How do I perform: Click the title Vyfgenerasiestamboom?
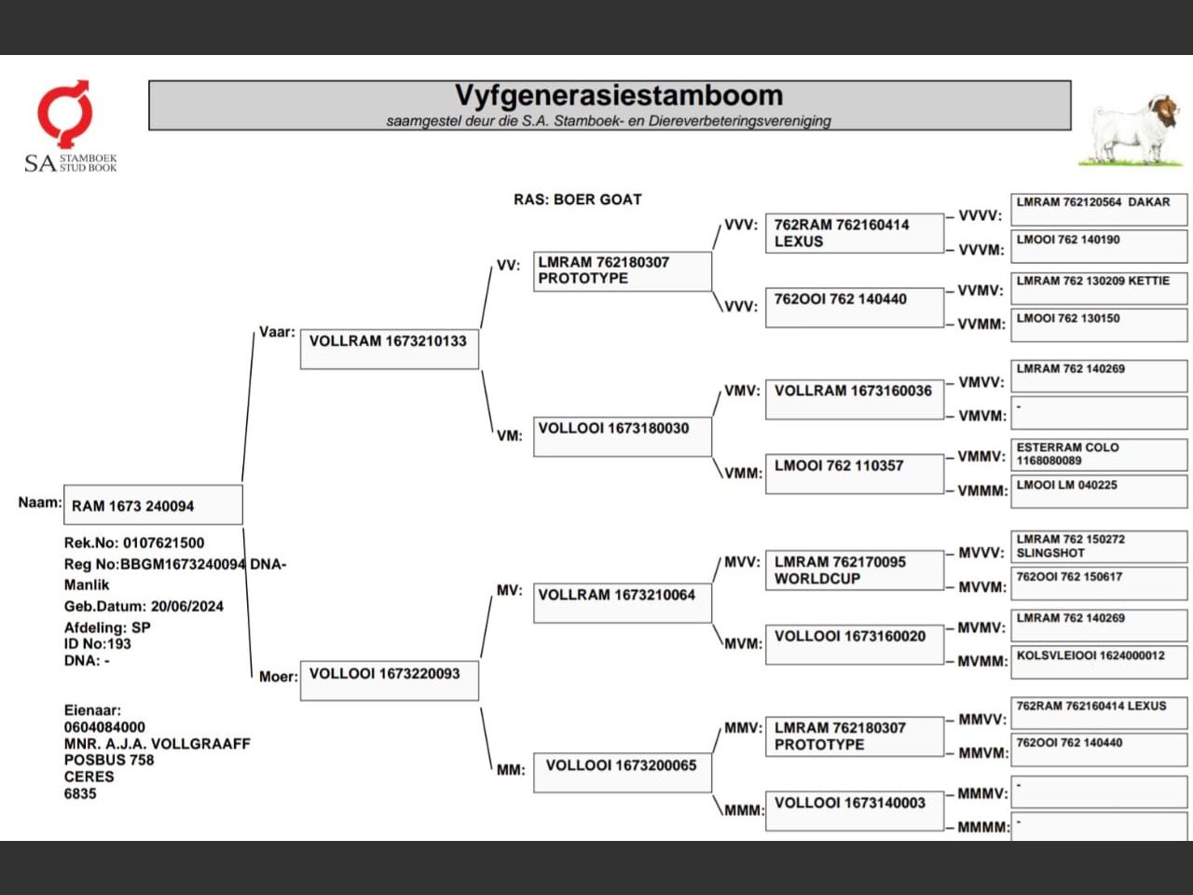click(618, 96)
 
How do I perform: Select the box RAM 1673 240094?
click(153, 505)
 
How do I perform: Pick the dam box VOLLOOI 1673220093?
click(389, 681)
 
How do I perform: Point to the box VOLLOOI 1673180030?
click(622, 435)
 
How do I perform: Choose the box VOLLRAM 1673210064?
click(622, 601)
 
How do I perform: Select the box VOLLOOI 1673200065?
click(622, 772)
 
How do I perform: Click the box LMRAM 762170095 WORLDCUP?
click(854, 570)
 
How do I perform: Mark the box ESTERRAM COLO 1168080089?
click(1099, 454)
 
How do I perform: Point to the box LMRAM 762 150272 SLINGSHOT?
click(1099, 546)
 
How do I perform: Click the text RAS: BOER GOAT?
click(577, 200)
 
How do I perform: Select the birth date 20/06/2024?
click(187, 606)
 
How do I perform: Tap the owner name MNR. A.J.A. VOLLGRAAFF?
click(158, 744)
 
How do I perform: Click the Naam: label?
click(40, 503)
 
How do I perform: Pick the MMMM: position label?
click(983, 827)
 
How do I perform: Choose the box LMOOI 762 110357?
click(854, 473)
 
